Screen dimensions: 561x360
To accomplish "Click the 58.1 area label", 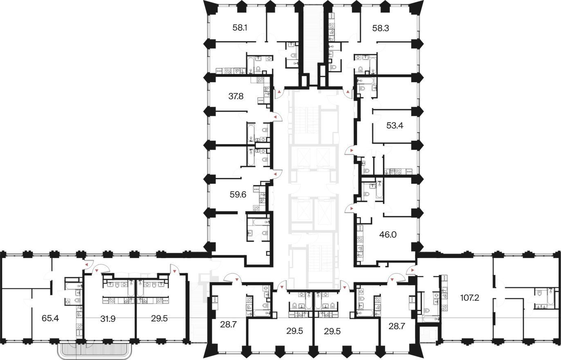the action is click(x=240, y=27).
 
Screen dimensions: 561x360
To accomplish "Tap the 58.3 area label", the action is click(x=380, y=28).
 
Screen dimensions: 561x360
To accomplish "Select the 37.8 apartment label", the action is click(x=236, y=96).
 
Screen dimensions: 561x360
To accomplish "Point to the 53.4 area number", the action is click(x=395, y=126).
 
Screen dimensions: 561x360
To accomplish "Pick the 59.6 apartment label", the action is click(x=238, y=194).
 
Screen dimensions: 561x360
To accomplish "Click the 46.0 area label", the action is click(x=388, y=235).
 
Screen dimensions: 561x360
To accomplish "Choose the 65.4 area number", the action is click(x=50, y=318).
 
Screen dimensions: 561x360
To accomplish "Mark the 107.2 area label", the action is click(x=469, y=298).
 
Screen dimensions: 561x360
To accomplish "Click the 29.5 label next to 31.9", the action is click(x=159, y=319).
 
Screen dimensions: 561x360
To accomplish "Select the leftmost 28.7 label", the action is click(x=229, y=325).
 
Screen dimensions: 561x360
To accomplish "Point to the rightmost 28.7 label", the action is click(x=397, y=326).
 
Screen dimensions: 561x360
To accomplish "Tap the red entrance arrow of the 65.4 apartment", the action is click(x=86, y=265).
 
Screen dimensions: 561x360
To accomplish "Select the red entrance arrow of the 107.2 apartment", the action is click(x=412, y=270).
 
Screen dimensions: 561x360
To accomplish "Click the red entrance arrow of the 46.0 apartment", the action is click(x=352, y=209).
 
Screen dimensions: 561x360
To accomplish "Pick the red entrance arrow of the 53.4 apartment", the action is click(x=352, y=150).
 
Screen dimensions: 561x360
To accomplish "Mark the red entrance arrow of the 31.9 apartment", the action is click(x=96, y=270).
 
